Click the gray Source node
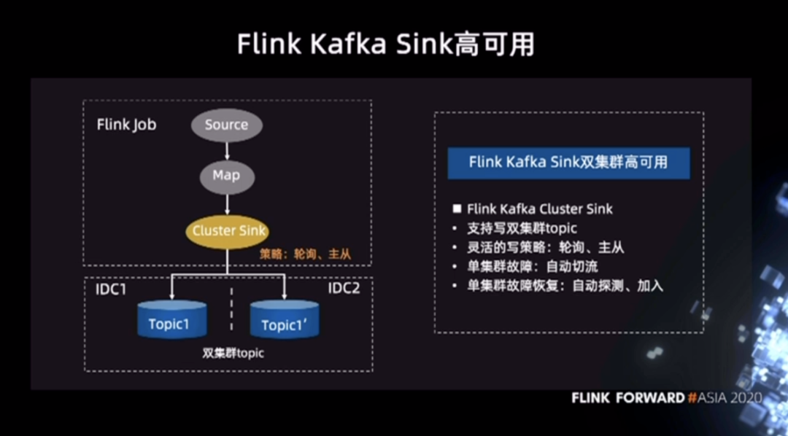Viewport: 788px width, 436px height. click(227, 125)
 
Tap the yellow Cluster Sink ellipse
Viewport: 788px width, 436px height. click(227, 231)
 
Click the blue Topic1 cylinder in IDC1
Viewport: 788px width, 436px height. click(172, 319)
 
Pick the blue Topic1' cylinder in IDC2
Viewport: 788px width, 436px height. click(285, 319)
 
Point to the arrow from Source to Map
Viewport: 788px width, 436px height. click(227, 151)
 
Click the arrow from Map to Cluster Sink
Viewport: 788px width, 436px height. click(227, 204)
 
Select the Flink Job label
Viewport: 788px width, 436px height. click(127, 125)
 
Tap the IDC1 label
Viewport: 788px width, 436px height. click(111, 289)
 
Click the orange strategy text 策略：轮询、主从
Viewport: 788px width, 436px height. click(305, 254)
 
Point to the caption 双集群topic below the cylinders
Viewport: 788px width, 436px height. click(233, 353)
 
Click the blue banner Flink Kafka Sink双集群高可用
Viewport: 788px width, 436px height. click(568, 163)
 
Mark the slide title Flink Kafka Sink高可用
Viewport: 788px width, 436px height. click(385, 45)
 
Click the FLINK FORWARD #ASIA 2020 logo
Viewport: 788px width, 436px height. click(666, 398)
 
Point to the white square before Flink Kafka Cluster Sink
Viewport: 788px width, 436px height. click(457, 209)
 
